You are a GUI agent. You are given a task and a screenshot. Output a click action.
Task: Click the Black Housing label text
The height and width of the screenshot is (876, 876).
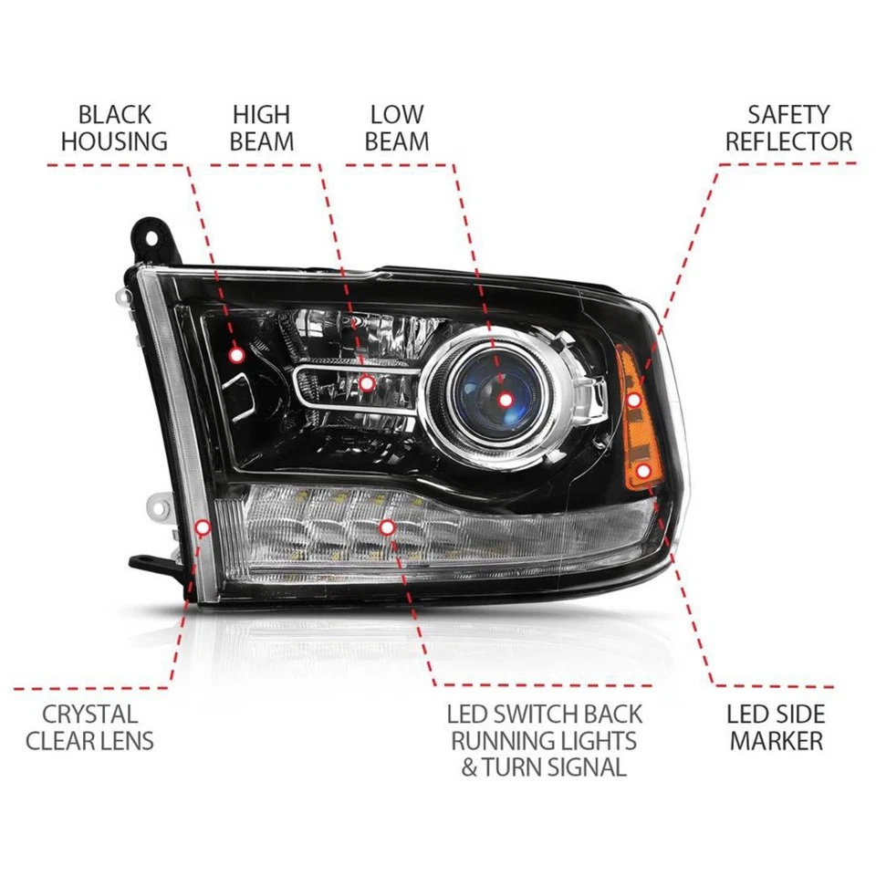pyautogui.click(x=114, y=128)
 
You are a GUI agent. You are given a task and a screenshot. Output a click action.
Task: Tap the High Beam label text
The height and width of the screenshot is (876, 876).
pyautogui.click(x=261, y=128)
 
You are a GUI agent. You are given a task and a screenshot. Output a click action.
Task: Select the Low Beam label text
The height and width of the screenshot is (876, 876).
pyautogui.click(x=397, y=128)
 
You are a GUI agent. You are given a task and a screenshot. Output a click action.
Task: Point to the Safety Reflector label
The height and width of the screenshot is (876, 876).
pyautogui.click(x=788, y=128)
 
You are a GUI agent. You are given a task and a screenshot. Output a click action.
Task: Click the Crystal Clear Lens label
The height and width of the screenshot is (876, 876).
pyautogui.click(x=89, y=726)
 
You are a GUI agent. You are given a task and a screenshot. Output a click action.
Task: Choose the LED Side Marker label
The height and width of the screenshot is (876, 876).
pyautogui.click(x=776, y=726)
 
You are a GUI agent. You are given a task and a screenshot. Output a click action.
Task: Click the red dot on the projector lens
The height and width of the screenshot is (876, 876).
pyautogui.click(x=506, y=399)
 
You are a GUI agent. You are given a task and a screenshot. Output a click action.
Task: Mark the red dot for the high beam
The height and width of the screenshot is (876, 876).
pyautogui.click(x=367, y=384)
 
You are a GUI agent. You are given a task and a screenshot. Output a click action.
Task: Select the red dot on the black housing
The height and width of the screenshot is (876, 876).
pyautogui.click(x=237, y=354)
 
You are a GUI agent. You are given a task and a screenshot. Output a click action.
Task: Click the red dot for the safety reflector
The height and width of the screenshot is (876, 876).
pyautogui.click(x=633, y=400)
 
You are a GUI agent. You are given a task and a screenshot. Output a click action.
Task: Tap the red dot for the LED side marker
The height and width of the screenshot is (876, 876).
pyautogui.click(x=645, y=471)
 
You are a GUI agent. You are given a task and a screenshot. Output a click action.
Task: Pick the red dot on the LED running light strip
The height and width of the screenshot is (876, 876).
pyautogui.click(x=387, y=527)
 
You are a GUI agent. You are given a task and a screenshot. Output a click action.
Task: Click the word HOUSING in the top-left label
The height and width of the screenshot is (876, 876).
pyautogui.click(x=114, y=141)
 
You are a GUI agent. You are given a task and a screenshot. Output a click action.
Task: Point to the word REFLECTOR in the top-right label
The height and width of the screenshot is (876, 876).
pyautogui.click(x=788, y=141)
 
